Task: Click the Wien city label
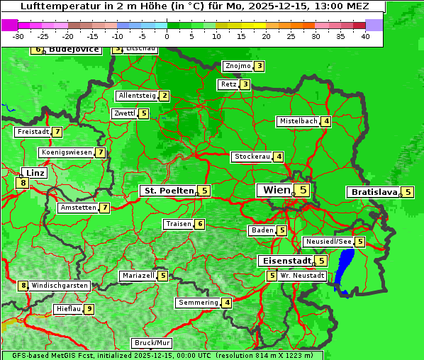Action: [276, 190]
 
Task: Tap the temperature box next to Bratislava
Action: [408, 192]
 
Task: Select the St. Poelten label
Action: [167, 191]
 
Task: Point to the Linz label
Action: [35, 173]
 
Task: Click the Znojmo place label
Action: [238, 66]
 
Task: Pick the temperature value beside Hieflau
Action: [89, 309]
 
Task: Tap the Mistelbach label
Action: [299, 121]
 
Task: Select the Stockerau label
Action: [252, 157]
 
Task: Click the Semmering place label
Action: [199, 303]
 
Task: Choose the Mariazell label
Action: [138, 276]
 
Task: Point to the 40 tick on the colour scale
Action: [365, 35]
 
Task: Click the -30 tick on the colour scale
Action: [18, 35]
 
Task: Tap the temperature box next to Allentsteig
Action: [164, 96]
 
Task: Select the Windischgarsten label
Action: [60, 286]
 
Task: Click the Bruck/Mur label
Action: [152, 343]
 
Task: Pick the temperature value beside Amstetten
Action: [104, 208]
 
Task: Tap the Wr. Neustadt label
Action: [302, 275]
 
